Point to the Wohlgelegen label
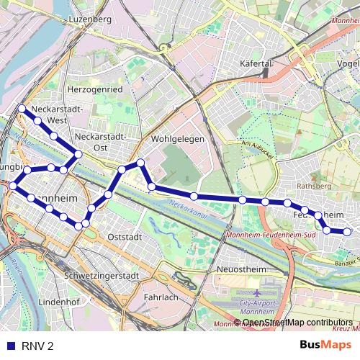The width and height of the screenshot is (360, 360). (178, 139)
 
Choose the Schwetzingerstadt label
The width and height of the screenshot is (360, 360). (101, 276)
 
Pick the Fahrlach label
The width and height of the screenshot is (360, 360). (161, 297)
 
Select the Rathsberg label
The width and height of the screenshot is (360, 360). (312, 185)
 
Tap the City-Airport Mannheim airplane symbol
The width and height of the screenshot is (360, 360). (258, 294)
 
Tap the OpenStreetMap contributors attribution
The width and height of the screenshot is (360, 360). (297, 323)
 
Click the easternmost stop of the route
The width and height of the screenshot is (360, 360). (347, 232)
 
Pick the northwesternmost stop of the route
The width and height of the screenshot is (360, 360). (22, 109)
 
